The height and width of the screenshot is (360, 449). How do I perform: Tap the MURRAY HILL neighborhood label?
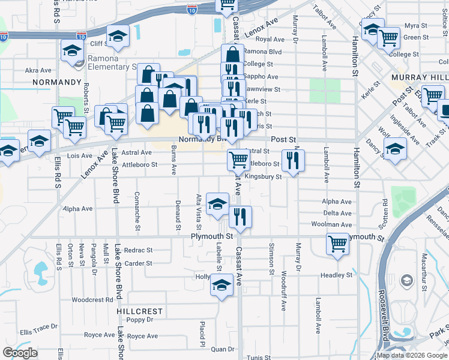[x=420, y=77]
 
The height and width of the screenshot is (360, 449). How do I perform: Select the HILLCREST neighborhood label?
[x=140, y=311]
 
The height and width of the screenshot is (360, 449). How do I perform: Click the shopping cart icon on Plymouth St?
[x=337, y=244]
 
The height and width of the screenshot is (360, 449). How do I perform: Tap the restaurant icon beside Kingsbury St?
[x=293, y=160]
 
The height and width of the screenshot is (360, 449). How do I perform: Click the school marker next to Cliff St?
[x=118, y=37]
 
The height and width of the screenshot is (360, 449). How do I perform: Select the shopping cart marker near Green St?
[x=389, y=38]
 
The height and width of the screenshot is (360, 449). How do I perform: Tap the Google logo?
[x=20, y=353]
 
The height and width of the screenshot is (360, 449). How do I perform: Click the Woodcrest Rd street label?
[x=92, y=299]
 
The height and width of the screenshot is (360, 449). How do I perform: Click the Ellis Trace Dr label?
[x=38, y=327]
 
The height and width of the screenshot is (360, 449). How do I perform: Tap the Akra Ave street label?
[x=38, y=70]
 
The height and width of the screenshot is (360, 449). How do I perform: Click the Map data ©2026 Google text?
[x=411, y=355]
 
